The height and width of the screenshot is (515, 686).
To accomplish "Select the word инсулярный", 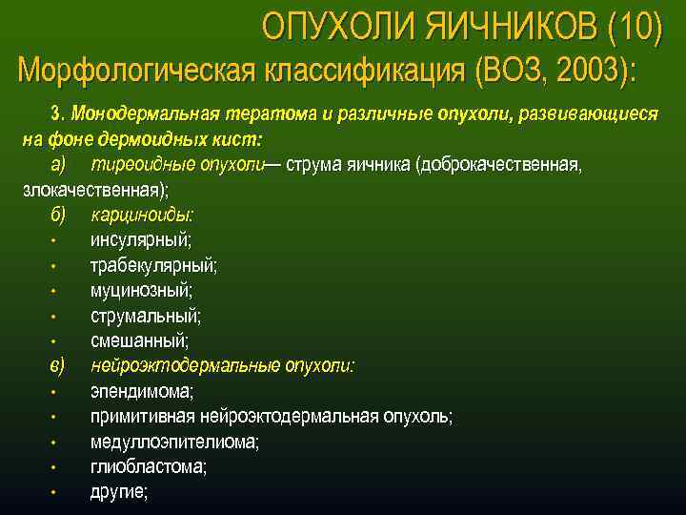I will point(140,239).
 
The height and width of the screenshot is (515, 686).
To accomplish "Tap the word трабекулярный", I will point(153,264).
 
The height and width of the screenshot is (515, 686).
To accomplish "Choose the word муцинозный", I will point(141,290).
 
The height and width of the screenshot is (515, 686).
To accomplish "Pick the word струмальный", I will point(146,315).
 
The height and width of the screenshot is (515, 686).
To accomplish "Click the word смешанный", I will point(139,340).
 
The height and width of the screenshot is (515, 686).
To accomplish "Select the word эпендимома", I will point(141,391).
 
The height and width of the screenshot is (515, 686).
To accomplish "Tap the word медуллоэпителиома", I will point(174,442).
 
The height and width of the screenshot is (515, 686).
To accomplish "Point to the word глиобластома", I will point(149,467).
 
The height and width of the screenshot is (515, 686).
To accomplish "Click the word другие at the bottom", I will point(119,492).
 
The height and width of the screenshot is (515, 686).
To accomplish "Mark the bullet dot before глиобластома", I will point(57,468).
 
